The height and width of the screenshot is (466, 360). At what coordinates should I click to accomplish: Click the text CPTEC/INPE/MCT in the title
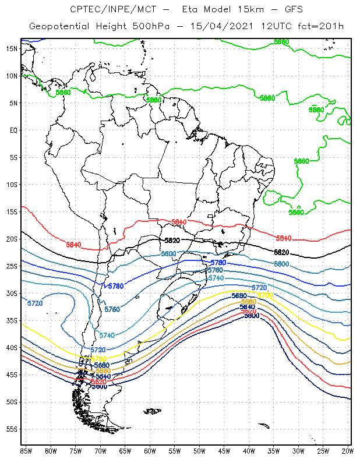102,9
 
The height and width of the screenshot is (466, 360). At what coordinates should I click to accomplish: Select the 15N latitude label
12,48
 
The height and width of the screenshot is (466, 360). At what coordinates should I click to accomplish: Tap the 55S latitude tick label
12,429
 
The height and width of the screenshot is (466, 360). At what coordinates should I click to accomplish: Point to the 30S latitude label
12,293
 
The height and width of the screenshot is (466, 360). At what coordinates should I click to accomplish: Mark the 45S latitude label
12,375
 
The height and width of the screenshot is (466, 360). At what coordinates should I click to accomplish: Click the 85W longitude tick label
26,450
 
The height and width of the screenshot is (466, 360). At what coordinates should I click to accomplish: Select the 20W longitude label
348,450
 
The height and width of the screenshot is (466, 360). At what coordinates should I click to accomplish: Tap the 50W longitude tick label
199,450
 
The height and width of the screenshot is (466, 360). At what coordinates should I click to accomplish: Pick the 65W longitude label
125,450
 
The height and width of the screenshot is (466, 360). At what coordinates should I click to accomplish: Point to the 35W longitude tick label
274,450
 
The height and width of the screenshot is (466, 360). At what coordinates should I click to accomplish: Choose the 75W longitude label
75,450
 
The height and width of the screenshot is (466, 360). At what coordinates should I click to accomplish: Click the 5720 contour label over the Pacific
35,303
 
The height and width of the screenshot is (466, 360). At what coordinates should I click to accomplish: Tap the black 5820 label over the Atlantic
281,252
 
